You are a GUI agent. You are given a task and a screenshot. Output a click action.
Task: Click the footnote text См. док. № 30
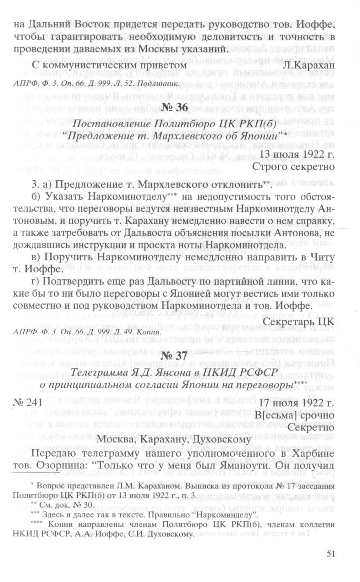coord(64,504)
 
